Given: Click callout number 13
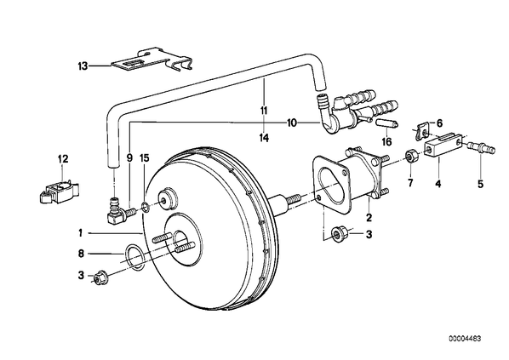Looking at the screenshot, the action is point(83,66).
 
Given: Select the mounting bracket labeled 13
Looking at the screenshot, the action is point(152,60).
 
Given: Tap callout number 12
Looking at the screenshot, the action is point(63,159).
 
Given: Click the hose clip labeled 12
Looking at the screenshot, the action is point(58,193).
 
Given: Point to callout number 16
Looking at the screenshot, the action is point(387,141).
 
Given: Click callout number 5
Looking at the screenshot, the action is point(480,184).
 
